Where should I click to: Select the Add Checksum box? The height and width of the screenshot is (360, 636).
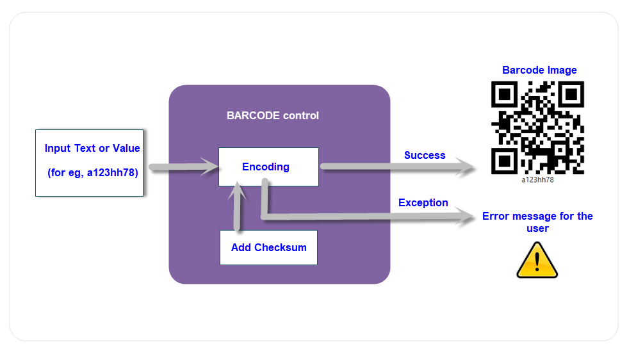(x=268, y=247)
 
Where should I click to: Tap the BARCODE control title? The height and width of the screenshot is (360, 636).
(x=272, y=116)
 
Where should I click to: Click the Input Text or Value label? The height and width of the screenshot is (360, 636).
(x=92, y=149)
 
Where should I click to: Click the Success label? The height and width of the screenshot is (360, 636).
(x=425, y=155)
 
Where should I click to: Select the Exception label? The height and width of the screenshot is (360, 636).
(x=423, y=202)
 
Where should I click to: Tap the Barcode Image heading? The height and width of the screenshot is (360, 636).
(x=539, y=70)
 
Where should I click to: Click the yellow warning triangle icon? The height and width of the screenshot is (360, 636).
(x=537, y=260)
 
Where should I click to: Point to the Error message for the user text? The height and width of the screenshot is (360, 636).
(x=537, y=222)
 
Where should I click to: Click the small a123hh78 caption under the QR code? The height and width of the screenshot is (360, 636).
(x=537, y=179)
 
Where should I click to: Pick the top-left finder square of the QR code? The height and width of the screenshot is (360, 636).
(x=505, y=95)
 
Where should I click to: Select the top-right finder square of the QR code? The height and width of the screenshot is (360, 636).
(x=570, y=95)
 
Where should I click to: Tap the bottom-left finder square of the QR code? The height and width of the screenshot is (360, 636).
(x=505, y=160)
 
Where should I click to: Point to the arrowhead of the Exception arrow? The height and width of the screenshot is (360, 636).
(x=469, y=218)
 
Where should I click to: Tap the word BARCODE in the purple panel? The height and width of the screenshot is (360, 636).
(x=249, y=116)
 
